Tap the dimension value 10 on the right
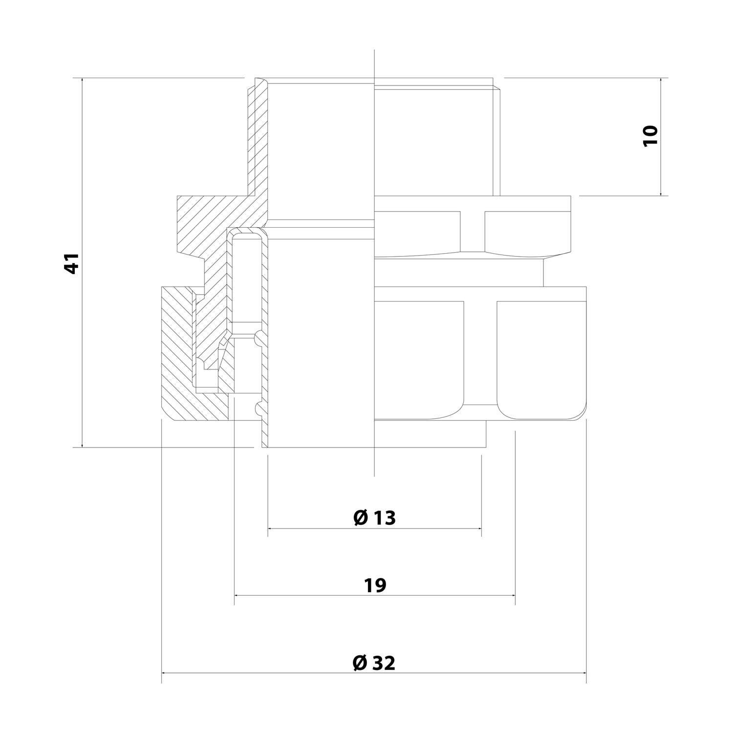650,135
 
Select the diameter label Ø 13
374,517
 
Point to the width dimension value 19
375,585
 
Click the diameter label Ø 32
374,663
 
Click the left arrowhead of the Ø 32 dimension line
164,673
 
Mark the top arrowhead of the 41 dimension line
82,80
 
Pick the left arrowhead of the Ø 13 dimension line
271,528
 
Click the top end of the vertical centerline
374,51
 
